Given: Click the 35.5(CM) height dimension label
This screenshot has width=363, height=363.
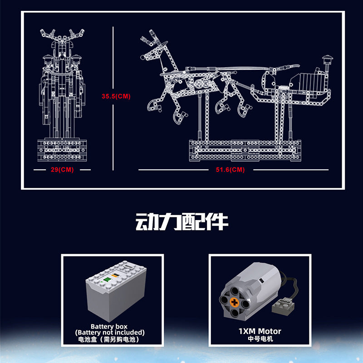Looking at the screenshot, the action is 116,96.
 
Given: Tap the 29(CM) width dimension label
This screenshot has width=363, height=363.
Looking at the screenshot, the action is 62,170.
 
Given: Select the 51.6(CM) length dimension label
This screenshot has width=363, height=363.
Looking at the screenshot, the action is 231,170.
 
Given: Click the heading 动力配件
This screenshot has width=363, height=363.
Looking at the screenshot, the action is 182,222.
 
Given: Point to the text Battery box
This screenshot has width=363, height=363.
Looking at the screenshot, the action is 109,326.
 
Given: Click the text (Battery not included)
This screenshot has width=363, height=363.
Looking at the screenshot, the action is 110,333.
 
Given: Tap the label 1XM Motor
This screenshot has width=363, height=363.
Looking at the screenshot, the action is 260,331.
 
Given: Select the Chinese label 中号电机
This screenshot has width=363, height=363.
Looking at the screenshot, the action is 260,338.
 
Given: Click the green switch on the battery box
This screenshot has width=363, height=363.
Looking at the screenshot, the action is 107,280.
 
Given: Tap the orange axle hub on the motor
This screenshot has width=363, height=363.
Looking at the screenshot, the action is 234,302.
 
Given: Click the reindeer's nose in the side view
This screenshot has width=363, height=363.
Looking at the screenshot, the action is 142,57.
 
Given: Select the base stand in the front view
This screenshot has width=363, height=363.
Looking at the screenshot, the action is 62,150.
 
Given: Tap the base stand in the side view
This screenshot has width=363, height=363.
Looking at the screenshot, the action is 245,151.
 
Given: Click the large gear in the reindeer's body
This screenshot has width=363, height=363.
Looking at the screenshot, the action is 200,83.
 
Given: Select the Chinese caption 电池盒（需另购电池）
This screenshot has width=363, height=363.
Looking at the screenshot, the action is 108,339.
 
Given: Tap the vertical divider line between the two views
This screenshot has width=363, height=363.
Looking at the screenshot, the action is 113,98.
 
